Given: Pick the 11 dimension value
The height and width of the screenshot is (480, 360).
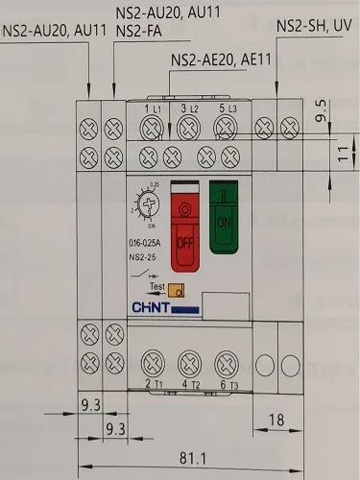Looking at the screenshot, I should coord(344,152).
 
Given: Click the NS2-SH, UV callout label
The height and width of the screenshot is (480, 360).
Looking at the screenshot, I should coord(313,25).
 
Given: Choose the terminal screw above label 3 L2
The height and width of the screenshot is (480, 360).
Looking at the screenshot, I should coord(190,126).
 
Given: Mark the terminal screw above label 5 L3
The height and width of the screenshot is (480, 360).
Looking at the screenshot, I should coord(228,126).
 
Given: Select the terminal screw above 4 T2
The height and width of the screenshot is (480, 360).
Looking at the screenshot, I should coord(190,363).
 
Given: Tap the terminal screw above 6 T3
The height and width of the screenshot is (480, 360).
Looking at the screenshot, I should coord(228,363).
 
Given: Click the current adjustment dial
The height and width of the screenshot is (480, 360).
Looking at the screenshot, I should coord(147,204).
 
